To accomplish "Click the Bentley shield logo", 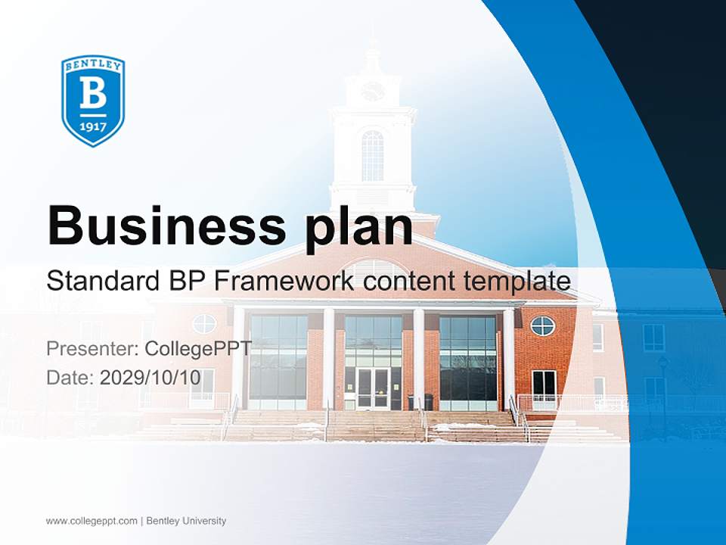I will pyautogui.click(x=93, y=101).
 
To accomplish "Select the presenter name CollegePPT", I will pyautogui.click(x=197, y=349).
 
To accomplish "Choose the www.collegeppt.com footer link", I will pyautogui.click(x=92, y=521).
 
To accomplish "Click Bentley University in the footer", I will pyautogui.click(x=186, y=521).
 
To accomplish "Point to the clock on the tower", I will pyautogui.click(x=372, y=92).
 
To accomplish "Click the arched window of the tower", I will pyautogui.click(x=372, y=155).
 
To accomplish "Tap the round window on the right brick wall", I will pyautogui.click(x=542, y=325).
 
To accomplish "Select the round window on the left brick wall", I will pyautogui.click(x=204, y=324).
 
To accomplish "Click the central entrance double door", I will pyautogui.click(x=373, y=388).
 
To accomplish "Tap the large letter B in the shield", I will pyautogui.click(x=93, y=94).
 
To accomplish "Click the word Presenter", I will pyautogui.click(x=92, y=349).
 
